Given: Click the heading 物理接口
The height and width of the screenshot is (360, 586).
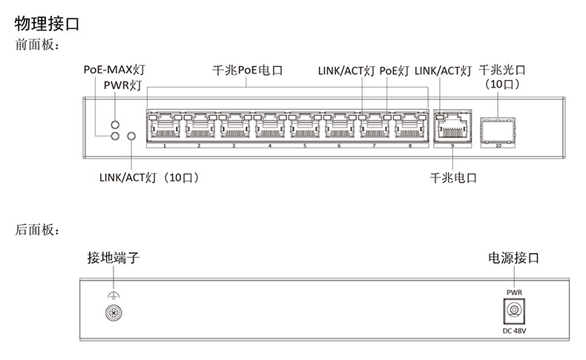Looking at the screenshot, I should [47, 24].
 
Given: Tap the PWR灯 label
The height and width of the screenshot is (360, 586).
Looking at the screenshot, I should [122, 86].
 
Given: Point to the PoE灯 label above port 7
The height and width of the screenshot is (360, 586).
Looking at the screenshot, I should [394, 71].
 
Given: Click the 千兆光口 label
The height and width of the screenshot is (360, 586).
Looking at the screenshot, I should [502, 71].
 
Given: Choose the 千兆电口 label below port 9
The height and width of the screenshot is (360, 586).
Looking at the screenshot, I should [452, 178].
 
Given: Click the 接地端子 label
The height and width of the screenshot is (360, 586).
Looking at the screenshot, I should [113, 258].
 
